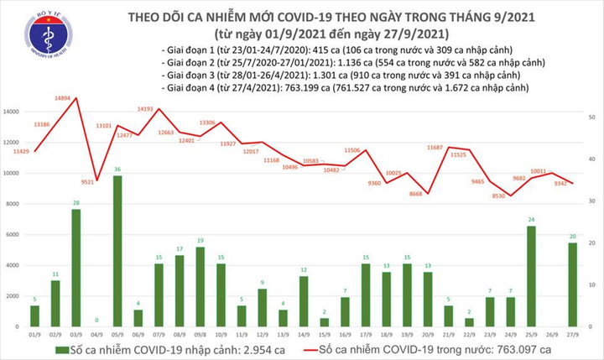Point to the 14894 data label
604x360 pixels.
point(62,99)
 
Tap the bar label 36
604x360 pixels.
point(117,170)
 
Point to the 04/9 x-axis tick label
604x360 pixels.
point(96,333)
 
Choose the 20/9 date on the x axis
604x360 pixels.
point(427,333)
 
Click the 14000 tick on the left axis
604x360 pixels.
point(12,112)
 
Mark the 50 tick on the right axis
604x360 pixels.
point(592,117)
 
